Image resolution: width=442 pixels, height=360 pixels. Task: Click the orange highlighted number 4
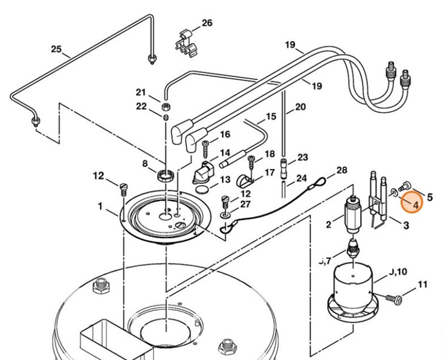[x=412, y=202]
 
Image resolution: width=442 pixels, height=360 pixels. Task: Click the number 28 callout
[x=341, y=170]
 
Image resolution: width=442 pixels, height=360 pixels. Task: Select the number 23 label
[x=303, y=157]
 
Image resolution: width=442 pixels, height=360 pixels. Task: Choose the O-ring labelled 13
[x=203, y=190]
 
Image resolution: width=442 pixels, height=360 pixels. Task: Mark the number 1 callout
[x=100, y=207]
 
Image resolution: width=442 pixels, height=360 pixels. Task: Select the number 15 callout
[x=271, y=116]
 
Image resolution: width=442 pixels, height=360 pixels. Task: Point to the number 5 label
[x=429, y=196]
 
